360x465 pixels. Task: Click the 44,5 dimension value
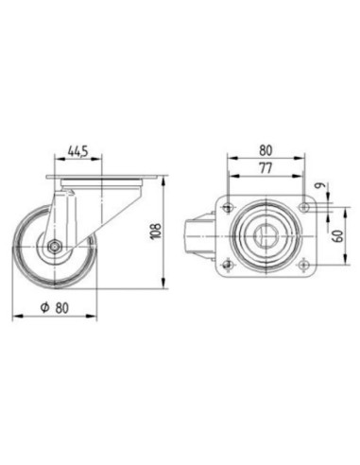click(x=78, y=151)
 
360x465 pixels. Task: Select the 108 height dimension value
click(x=157, y=231)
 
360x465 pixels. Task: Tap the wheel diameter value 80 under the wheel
click(x=62, y=308)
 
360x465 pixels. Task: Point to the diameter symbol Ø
click(x=45, y=307)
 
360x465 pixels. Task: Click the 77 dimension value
click(x=266, y=168)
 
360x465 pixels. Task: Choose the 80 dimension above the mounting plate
click(x=266, y=150)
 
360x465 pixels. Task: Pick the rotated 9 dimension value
click(x=321, y=185)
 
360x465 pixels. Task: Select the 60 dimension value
click(x=338, y=236)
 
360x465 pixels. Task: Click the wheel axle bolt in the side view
click(x=55, y=247)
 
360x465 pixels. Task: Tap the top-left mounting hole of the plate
click(x=228, y=207)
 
